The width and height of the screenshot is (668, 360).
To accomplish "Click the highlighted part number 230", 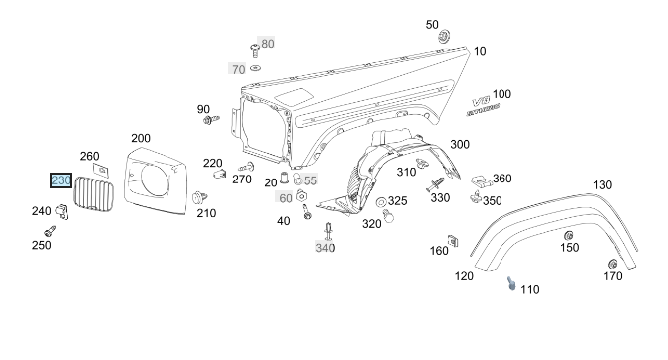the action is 61,180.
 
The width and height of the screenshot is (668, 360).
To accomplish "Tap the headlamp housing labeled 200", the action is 156,180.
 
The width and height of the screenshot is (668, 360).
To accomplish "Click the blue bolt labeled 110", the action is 511,283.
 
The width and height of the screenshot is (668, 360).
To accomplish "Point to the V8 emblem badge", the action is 482,106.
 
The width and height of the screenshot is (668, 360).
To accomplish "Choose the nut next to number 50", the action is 445,36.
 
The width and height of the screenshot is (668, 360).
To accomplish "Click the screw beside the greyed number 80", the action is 255,50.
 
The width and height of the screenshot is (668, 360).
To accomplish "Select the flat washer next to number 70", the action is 255,68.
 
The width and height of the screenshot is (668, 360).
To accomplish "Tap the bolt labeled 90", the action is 211,120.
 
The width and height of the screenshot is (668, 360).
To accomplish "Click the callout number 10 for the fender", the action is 480,51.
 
